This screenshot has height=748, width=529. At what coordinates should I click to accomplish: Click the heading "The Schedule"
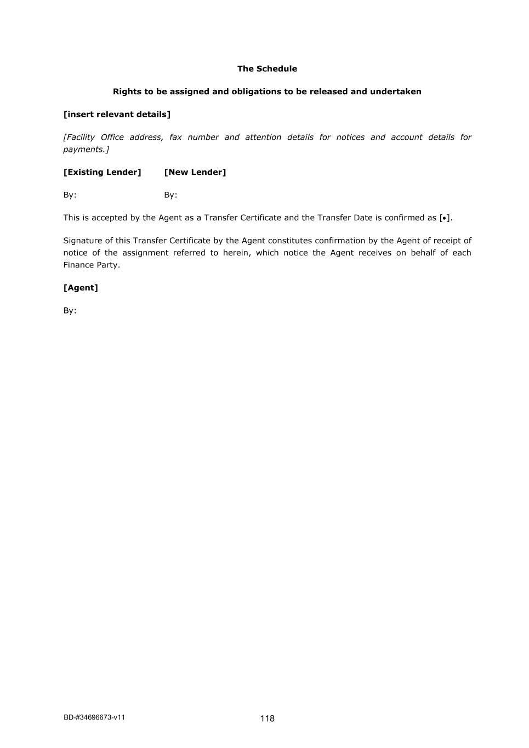point(267,68)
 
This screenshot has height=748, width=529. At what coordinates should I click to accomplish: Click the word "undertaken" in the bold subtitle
point(395,92)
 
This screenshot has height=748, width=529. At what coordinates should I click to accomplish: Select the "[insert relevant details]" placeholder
point(117,115)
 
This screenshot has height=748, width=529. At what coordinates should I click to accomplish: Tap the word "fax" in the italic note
point(175,137)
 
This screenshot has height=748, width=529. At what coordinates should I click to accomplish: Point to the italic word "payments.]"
point(86,149)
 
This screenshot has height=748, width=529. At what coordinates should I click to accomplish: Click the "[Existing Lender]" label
point(102,172)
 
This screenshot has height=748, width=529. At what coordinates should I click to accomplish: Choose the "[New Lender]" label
point(195,172)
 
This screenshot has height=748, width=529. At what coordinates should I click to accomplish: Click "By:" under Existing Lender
point(70,195)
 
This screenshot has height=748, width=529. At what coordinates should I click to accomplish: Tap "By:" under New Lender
point(170,195)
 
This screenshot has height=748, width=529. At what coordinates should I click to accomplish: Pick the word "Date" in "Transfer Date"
point(363,218)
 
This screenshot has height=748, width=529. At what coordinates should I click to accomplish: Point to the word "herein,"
point(236,253)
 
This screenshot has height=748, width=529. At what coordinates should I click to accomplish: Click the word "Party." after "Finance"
point(109,265)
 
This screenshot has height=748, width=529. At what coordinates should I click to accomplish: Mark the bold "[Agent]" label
point(81,288)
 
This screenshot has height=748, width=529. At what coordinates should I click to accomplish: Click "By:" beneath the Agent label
point(70,311)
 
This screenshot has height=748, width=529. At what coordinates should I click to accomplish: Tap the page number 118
point(267,718)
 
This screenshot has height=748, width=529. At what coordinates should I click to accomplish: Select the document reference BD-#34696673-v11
point(94,717)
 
